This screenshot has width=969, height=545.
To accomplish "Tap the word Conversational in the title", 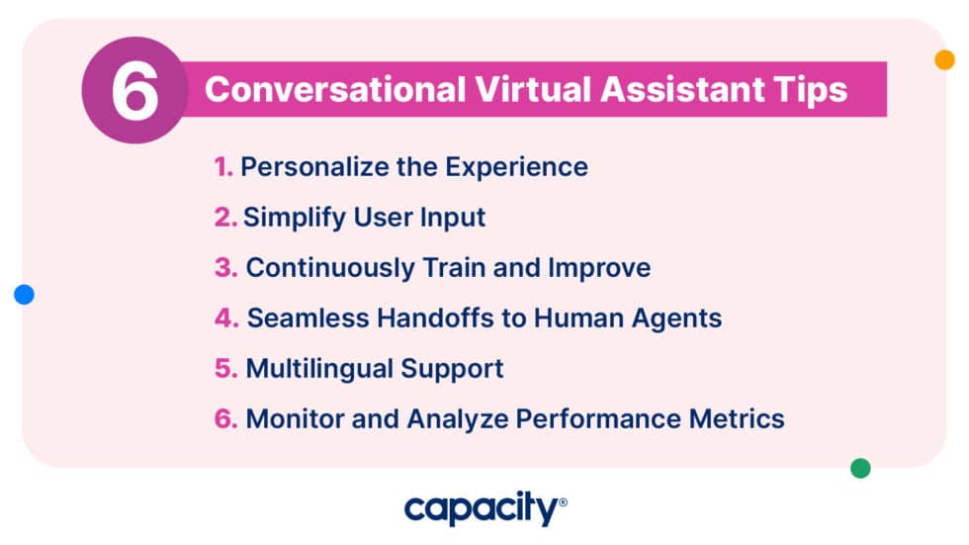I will click(x=334, y=89).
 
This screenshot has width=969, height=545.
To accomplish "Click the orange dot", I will click(x=944, y=59).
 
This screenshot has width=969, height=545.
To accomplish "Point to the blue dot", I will click(x=25, y=294).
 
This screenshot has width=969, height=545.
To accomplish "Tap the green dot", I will click(x=860, y=468).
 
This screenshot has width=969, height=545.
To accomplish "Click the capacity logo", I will click(x=484, y=509).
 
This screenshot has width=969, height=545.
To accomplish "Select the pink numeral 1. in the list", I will click(x=223, y=166).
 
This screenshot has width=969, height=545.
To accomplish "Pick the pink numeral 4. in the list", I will click(x=226, y=318).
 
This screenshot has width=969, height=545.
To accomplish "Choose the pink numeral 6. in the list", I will click(x=226, y=418).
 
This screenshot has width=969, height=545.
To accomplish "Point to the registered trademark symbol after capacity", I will click(x=563, y=502).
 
